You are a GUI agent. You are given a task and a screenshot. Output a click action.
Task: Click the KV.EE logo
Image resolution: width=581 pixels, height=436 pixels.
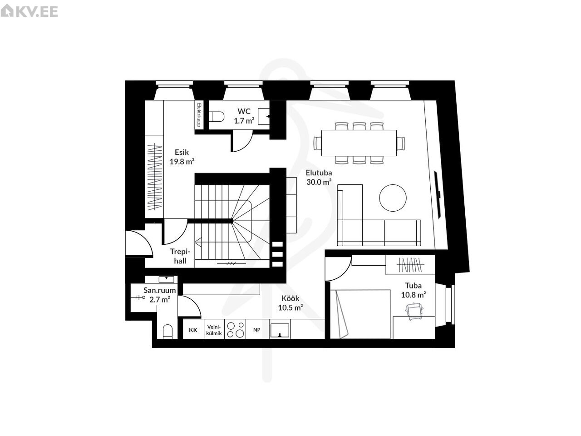[x=29, y=11]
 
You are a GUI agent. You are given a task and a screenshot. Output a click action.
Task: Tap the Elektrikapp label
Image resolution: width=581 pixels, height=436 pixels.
[x=199, y=115]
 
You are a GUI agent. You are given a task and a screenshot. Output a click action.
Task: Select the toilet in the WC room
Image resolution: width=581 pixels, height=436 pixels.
[x=217, y=116]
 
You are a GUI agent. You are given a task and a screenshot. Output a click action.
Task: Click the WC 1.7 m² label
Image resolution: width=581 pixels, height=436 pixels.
[x=244, y=116]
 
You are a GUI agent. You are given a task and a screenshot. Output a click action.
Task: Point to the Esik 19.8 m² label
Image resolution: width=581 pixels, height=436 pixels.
[x=182, y=157]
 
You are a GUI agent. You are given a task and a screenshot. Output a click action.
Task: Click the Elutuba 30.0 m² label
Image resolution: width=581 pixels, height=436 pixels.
[x=319, y=177]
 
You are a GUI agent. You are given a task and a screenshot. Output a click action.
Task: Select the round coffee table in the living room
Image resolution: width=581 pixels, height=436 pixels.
[x=393, y=198]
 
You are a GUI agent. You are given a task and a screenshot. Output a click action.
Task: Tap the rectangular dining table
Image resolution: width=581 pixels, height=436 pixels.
[x=359, y=143]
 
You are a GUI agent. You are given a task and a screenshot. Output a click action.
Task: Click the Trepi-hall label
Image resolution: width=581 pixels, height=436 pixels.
[x=180, y=256]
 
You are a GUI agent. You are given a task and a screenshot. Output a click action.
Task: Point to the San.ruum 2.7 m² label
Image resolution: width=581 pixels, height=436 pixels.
[x=160, y=295]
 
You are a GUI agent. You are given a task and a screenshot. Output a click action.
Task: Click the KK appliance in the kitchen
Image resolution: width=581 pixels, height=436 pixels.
[x=193, y=330]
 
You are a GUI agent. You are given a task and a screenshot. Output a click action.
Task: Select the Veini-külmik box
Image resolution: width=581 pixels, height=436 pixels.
[x=214, y=330]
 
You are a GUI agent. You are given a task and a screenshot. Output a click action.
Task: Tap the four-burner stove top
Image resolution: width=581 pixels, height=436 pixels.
[x=235, y=329]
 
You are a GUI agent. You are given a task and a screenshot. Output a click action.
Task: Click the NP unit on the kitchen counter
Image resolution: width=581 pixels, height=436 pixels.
[x=257, y=330]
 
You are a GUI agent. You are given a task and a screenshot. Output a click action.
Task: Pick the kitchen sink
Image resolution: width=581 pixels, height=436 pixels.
[x=280, y=330]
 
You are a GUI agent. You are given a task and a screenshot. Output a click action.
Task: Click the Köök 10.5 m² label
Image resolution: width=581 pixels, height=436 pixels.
[x=290, y=303]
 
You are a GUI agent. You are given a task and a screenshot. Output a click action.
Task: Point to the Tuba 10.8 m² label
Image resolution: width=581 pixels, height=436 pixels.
[x=414, y=290]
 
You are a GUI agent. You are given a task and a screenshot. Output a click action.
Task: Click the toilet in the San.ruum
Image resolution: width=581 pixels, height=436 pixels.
[x=167, y=332]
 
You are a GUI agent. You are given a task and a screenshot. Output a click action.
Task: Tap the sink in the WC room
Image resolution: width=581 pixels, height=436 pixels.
[x=264, y=116]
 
